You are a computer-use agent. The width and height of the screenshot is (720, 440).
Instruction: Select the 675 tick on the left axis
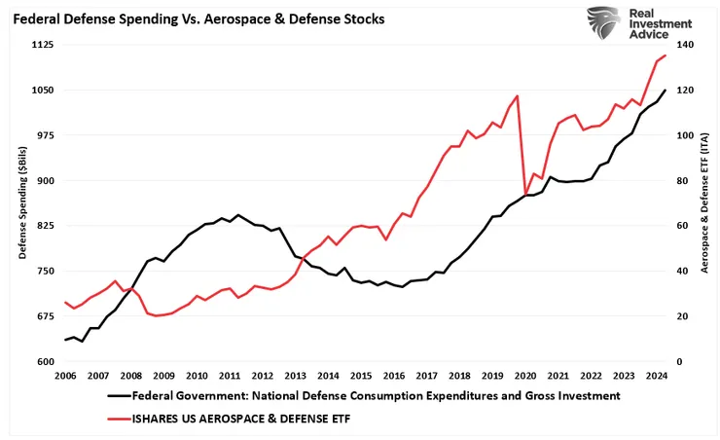(44, 316)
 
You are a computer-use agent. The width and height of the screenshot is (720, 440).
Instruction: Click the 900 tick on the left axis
(44, 181)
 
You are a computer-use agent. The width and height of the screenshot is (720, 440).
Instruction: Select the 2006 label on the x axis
(65, 376)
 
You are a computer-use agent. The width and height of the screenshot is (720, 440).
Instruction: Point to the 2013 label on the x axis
(296, 376)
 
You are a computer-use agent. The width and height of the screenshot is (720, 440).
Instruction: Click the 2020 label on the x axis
(525, 376)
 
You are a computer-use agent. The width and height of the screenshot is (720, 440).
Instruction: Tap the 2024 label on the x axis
(657, 376)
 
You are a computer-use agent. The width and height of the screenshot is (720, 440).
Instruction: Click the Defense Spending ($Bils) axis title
(21, 203)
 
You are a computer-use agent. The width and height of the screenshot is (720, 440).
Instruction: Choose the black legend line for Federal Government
(117, 396)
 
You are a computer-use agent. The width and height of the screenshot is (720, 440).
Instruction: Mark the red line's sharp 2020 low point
(526, 194)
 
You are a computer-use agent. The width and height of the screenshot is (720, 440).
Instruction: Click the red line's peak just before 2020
(517, 95)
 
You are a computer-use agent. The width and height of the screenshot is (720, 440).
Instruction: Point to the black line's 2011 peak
(238, 214)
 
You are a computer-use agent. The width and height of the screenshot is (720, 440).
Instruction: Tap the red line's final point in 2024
(666, 55)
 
